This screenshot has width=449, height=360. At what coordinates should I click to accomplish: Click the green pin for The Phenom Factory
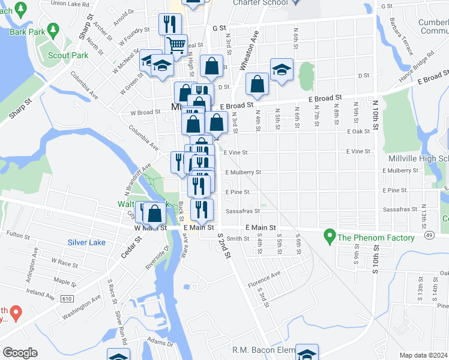coord(329,237)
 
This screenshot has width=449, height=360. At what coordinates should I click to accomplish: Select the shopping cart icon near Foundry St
coord(176,44)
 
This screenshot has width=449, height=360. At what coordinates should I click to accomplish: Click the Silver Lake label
coord(86,242)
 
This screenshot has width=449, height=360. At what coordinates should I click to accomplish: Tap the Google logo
coord(20,353)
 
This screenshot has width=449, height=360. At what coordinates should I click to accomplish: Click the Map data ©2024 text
coord(424,355)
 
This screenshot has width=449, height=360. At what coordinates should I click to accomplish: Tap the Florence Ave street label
coord(265,279)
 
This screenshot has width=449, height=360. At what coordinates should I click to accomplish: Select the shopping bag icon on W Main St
coord(154,213)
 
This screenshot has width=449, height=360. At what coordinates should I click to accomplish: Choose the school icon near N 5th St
coord(281,70)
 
